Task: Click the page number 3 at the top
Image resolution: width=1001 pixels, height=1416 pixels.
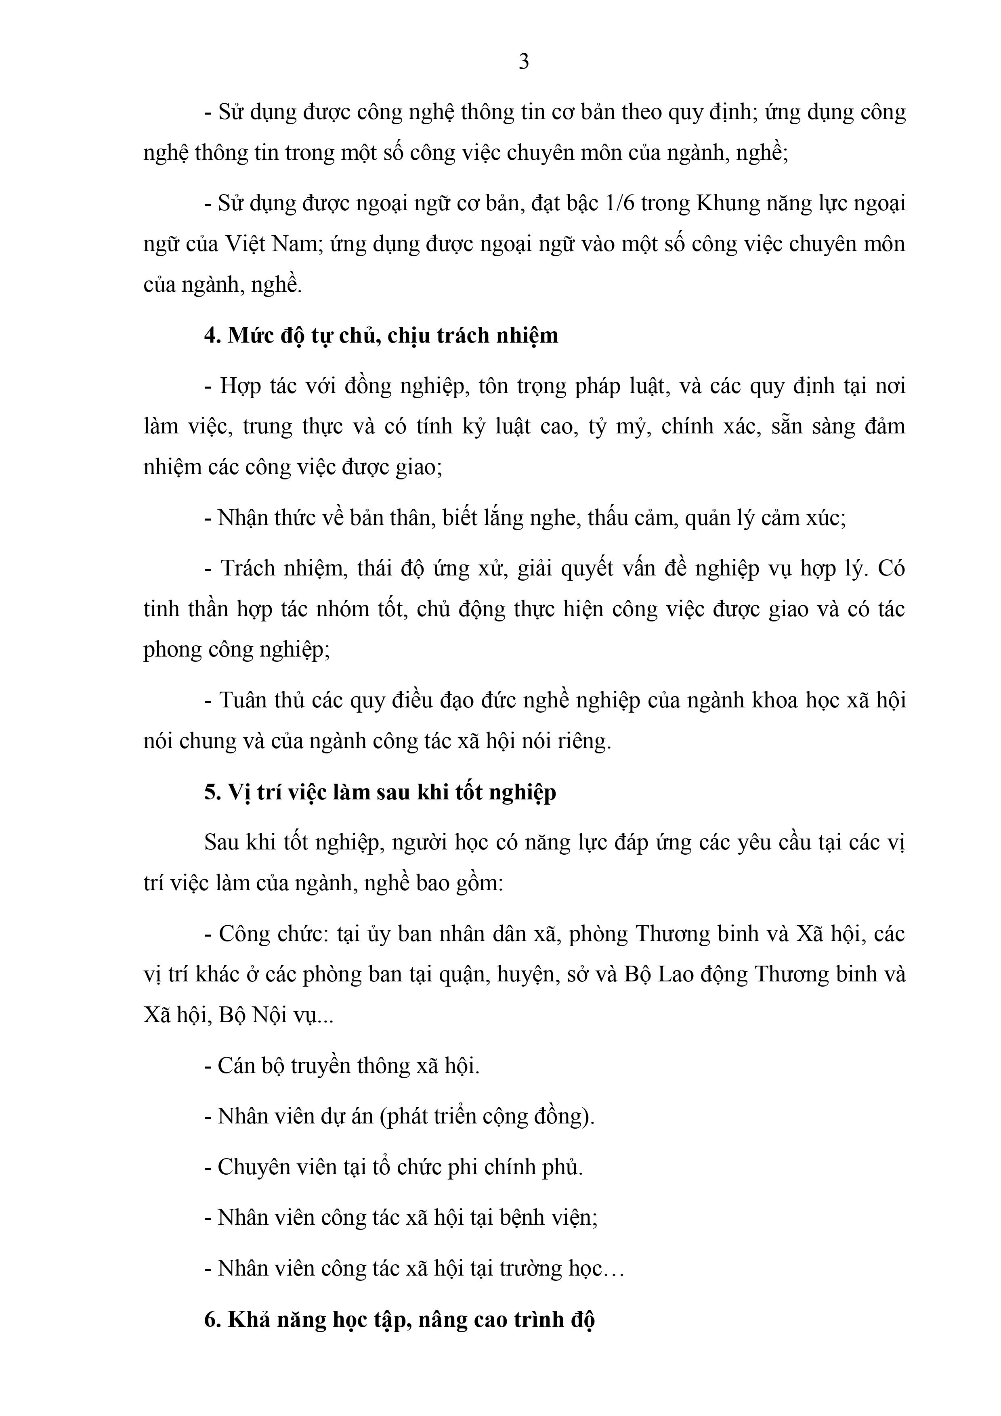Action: coord(523,62)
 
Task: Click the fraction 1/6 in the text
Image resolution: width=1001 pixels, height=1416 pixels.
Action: coord(619,203)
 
